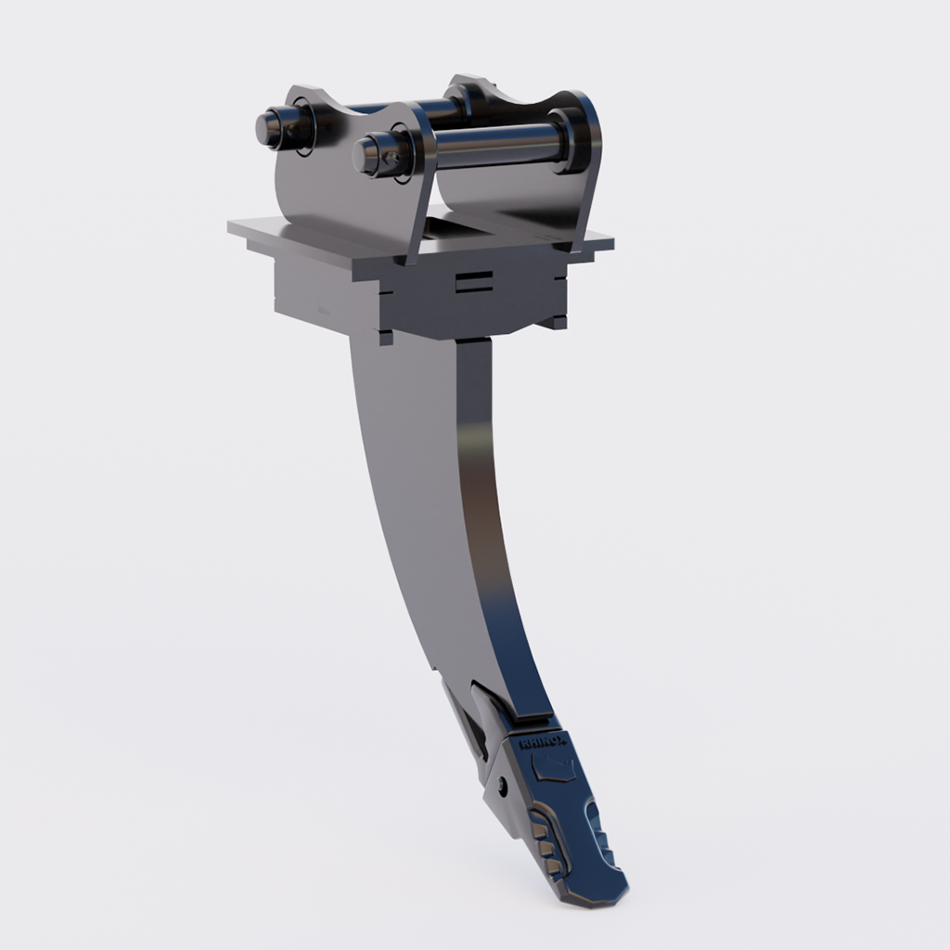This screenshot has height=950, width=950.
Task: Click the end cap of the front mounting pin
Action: click(368, 152)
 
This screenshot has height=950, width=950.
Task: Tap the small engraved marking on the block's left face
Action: click(324, 314)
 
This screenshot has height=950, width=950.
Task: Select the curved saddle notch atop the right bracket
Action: click(533, 101)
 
